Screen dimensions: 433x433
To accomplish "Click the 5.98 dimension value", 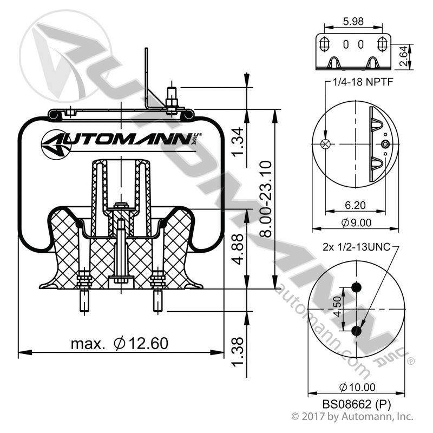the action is [x=353, y=21].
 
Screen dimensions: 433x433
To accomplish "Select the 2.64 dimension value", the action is [x=403, y=56].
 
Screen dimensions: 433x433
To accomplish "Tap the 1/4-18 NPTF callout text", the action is [x=363, y=82].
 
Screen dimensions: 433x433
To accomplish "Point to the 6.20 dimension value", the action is [x=355, y=205].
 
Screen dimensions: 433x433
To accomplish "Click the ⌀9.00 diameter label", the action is [x=356, y=222].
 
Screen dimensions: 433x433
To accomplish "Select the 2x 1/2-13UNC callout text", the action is [x=357, y=247].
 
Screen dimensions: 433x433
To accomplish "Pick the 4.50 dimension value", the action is [x=337, y=306].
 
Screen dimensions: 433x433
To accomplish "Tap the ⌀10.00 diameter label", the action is [x=357, y=387].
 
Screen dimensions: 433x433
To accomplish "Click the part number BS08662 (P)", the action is [x=357, y=404].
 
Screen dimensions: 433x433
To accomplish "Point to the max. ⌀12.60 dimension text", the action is [x=119, y=344].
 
